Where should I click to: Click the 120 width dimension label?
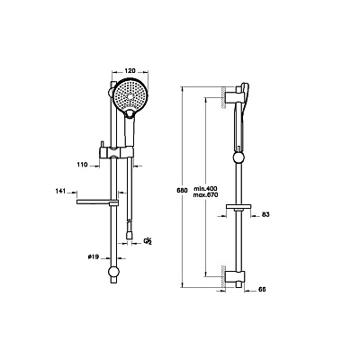130,71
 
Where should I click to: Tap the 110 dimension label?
82,165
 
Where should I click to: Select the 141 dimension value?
60,191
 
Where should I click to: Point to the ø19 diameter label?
94,256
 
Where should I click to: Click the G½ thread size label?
148,241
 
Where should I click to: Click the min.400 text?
205,188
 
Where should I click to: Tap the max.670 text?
205,194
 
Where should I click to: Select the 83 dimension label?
265,214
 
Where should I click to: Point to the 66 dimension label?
262,290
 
